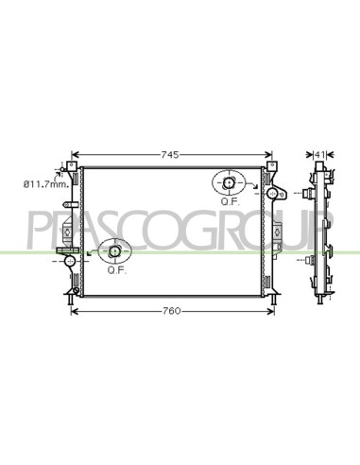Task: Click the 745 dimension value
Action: (x=170, y=155)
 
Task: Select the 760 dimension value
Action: (x=172, y=311)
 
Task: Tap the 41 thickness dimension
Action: (x=320, y=155)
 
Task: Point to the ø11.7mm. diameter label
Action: (x=46, y=184)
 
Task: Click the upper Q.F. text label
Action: (x=231, y=202)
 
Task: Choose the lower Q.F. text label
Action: (x=117, y=270)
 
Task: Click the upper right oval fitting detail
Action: (x=229, y=182)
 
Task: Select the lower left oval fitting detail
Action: (x=114, y=251)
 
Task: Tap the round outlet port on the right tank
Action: (x=271, y=193)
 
